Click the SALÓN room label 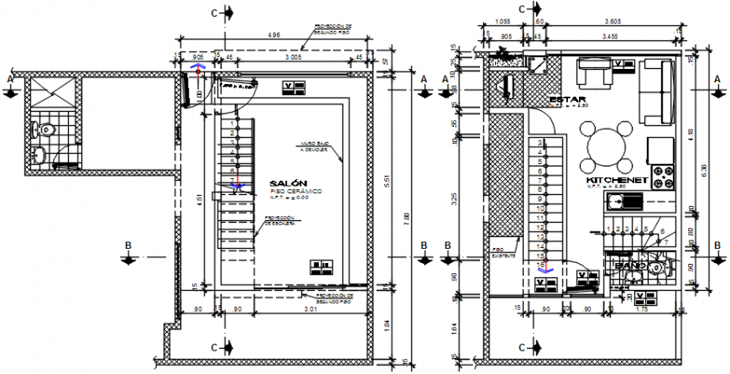click(x=289, y=183)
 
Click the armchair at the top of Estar click(x=594, y=73)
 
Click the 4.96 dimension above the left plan click(x=274, y=36)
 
